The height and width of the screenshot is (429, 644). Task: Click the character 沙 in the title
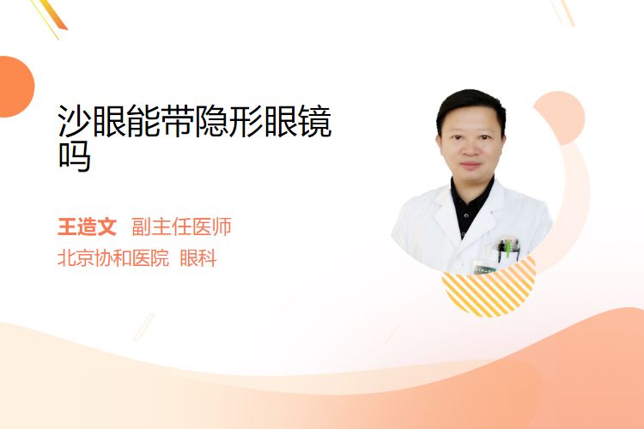point(75,121)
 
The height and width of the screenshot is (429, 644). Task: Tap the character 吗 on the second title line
point(75,156)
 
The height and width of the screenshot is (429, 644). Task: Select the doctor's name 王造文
point(87,227)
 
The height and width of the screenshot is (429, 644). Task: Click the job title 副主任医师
point(181,227)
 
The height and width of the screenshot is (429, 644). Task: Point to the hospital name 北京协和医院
point(113,258)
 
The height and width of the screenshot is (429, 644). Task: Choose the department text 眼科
point(198,258)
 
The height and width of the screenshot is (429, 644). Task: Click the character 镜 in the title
point(315,121)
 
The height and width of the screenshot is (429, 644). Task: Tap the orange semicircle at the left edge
point(15,87)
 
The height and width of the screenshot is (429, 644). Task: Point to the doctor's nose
point(471,149)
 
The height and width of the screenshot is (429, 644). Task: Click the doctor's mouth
point(471,166)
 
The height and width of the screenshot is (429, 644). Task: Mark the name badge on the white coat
point(484,269)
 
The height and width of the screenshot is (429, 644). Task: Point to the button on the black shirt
point(466,214)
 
